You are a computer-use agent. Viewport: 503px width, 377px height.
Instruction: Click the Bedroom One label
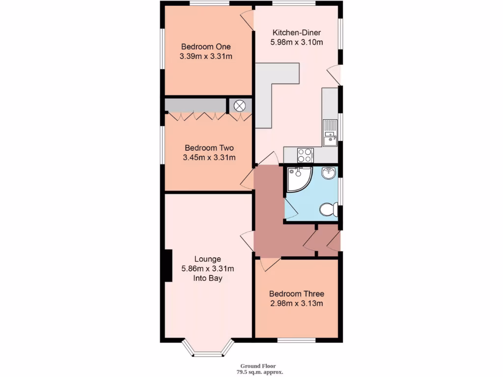click(x=206, y=47)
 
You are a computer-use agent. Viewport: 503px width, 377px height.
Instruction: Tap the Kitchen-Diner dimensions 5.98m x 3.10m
click(x=296, y=42)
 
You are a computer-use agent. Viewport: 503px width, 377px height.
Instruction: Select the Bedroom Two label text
click(x=209, y=148)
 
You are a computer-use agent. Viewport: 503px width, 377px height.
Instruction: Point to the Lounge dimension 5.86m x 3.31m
click(x=208, y=269)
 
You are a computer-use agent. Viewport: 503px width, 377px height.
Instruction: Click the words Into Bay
click(x=208, y=278)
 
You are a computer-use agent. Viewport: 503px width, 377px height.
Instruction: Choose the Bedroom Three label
click(x=296, y=294)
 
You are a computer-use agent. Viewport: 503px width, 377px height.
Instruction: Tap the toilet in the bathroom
click(x=328, y=210)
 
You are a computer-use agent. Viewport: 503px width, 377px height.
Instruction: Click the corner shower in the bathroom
click(x=298, y=179)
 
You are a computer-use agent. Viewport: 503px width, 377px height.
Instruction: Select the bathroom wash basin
click(x=328, y=173)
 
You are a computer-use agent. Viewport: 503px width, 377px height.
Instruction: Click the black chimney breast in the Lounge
click(x=168, y=265)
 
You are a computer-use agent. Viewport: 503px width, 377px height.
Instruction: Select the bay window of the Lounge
click(x=206, y=349)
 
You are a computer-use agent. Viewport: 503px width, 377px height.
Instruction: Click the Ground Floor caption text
click(x=258, y=366)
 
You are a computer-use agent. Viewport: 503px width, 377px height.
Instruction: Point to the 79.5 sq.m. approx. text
click(x=258, y=372)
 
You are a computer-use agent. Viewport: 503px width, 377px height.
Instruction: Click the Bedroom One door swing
click(x=247, y=20)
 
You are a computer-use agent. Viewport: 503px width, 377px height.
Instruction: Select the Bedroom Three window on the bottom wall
click(x=296, y=340)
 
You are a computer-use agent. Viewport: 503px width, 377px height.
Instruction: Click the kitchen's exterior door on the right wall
click(x=335, y=75)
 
